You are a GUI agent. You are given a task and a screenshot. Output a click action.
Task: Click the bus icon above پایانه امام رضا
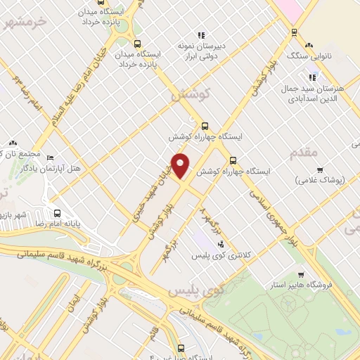click(57, 212)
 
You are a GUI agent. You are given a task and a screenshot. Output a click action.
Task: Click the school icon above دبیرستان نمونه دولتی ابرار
click(202, 34)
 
